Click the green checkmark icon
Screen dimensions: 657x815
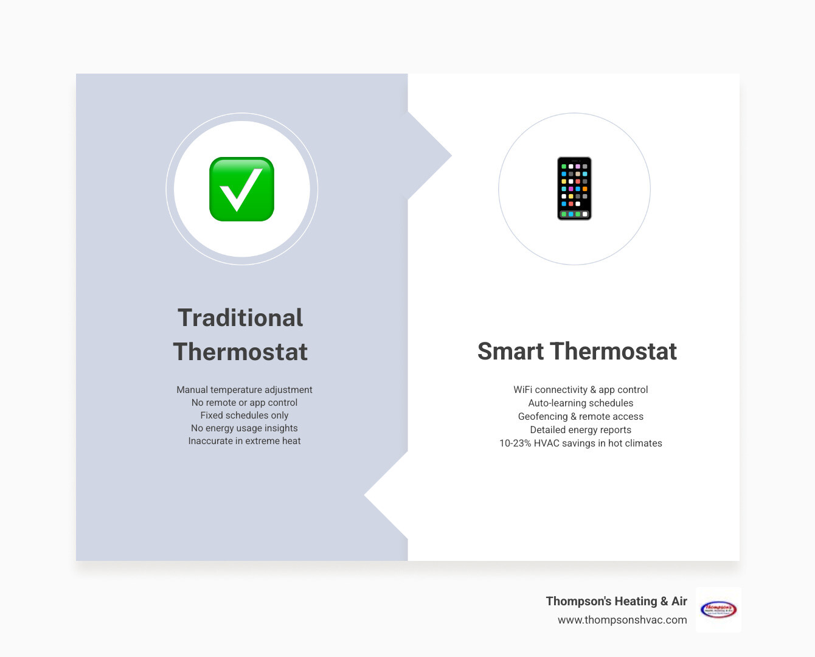click(241, 189)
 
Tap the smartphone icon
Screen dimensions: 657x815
click(574, 189)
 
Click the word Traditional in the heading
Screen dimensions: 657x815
click(240, 318)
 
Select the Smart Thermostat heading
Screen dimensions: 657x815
click(577, 352)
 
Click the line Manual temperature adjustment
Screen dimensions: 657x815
click(244, 390)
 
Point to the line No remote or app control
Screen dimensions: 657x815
click(244, 403)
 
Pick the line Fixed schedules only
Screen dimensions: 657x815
click(244, 415)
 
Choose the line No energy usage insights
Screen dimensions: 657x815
click(244, 428)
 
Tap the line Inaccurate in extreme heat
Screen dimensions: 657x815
click(244, 441)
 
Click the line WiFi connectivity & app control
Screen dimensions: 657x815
click(580, 390)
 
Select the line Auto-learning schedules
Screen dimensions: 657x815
click(580, 403)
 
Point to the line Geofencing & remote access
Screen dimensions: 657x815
click(580, 417)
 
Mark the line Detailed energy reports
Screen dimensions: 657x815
click(580, 430)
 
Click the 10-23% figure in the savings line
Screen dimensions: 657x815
click(515, 443)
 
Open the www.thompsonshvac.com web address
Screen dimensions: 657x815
click(622, 620)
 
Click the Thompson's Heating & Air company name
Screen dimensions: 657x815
click(616, 601)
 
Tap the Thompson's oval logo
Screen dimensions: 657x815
click(718, 610)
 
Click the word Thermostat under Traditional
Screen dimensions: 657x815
click(240, 352)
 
